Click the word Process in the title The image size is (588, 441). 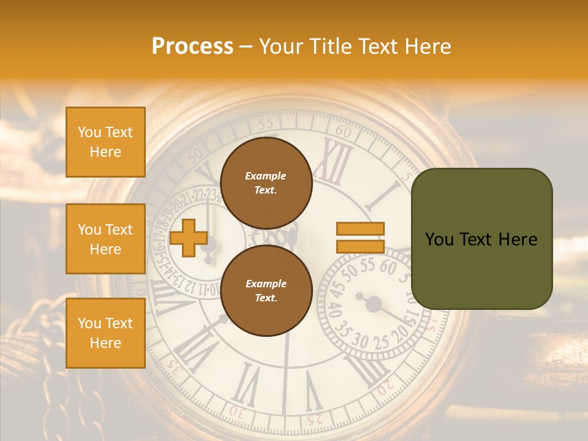192,47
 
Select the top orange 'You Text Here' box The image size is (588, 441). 105,142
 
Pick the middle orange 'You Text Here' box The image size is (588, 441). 105,239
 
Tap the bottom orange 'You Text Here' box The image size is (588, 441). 105,333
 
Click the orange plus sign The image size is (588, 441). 188,238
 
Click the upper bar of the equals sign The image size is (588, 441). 360,228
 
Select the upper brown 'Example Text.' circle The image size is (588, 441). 266,183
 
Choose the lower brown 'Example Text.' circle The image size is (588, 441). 266,291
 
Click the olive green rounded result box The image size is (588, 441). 481,239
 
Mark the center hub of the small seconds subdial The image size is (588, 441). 373,303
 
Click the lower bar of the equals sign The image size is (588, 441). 360,247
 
